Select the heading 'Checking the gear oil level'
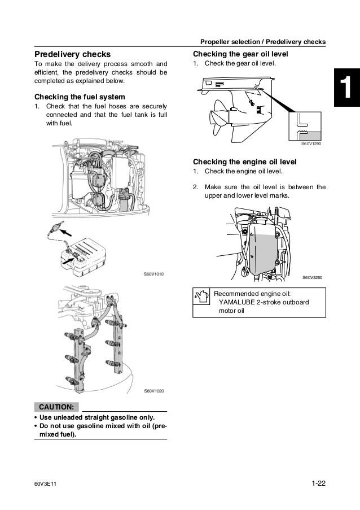tap(240, 54)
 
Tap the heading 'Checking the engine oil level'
tap(245, 162)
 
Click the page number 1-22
tap(319, 483)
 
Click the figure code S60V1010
tap(153, 274)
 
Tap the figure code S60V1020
tap(153, 391)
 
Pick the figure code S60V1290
tap(310, 144)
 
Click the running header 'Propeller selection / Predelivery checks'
tap(263, 42)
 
